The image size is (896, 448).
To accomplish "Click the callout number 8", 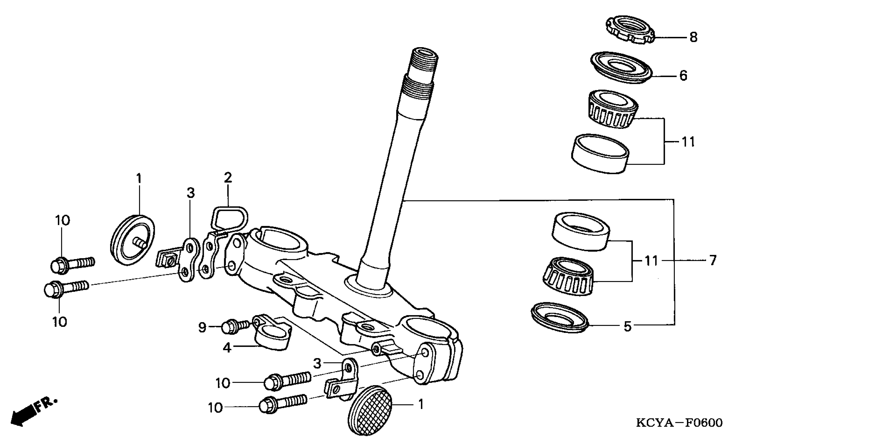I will pyautogui.click(x=693, y=37).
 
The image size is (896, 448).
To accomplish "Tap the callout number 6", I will pyautogui.click(x=684, y=76).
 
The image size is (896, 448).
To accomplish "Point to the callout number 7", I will pyautogui.click(x=713, y=260).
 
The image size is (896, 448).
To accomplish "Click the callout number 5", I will pyautogui.click(x=627, y=327).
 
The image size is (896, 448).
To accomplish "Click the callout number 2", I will pyautogui.click(x=228, y=178).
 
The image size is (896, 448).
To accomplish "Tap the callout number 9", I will pyautogui.click(x=202, y=328).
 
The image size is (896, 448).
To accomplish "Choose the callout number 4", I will pyautogui.click(x=227, y=347).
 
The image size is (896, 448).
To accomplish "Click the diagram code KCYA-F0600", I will pyautogui.click(x=679, y=423).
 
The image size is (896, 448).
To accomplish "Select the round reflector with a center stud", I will pyautogui.click(x=132, y=240).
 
